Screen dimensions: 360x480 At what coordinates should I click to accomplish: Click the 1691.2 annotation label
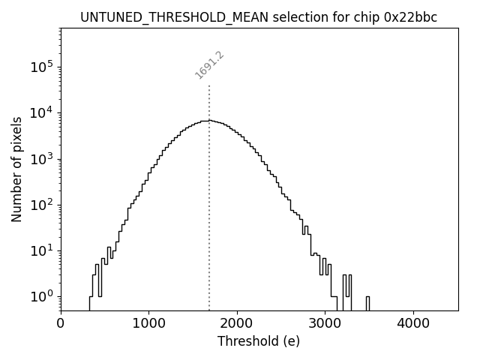[210, 65]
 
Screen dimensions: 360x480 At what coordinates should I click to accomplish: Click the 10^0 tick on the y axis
[42, 297]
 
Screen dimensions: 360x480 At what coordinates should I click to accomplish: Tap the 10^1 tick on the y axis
[42, 250]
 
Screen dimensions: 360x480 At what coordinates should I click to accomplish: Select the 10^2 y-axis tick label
[42, 205]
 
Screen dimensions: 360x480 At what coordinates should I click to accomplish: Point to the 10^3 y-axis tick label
[42, 159]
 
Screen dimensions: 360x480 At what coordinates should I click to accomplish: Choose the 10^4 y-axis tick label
[42, 113]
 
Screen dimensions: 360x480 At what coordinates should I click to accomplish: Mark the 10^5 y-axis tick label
[42, 67]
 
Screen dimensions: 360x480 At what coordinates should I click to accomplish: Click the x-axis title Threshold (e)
[259, 341]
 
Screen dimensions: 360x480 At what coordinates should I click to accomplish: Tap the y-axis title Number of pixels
[16, 169]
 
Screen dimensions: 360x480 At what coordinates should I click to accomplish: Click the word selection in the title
[281, 17]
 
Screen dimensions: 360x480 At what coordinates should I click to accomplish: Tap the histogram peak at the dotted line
[209, 120]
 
